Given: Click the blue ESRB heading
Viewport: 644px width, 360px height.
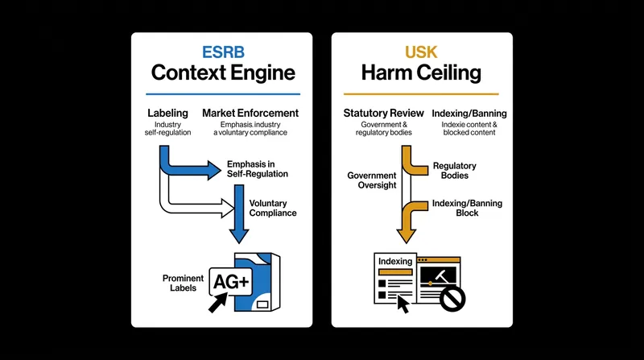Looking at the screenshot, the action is pyautogui.click(x=223, y=52).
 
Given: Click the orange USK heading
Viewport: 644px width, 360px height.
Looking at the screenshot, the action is pyautogui.click(x=421, y=52).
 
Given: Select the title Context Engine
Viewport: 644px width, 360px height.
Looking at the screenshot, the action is pyautogui.click(x=223, y=72).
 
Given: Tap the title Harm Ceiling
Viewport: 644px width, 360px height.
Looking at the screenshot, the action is pyautogui.click(x=421, y=72).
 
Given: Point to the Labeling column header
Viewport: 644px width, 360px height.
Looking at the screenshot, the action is pyautogui.click(x=167, y=113).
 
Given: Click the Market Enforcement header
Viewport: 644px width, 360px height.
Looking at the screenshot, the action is pyautogui.click(x=250, y=113).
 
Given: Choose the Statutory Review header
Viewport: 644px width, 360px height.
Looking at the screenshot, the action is pyautogui.click(x=384, y=113).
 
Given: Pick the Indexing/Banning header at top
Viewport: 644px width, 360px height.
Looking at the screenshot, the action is pyautogui.click(x=469, y=114).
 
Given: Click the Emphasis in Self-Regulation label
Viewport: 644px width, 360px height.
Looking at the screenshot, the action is pyautogui.click(x=258, y=169).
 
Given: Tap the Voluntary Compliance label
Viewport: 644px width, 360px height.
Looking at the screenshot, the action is pyautogui.click(x=273, y=208).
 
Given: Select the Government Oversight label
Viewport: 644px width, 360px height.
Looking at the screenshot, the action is pyautogui.click(x=372, y=180).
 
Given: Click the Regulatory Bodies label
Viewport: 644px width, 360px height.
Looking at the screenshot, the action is pyautogui.click(x=455, y=171).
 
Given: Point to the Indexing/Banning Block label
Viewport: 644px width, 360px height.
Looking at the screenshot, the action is pyautogui.click(x=467, y=208).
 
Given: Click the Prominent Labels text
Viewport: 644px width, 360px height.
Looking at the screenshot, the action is pyautogui.click(x=183, y=283).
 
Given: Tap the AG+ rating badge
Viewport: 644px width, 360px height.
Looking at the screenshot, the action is pyautogui.click(x=231, y=282).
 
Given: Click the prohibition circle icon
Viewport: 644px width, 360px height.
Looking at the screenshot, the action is pyautogui.click(x=452, y=299).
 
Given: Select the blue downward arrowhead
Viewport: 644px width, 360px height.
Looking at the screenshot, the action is pyautogui.click(x=239, y=236).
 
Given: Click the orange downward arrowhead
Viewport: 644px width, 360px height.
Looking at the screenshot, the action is pyautogui.click(x=407, y=236).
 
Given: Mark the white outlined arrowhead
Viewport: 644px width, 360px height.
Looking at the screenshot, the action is pyautogui.click(x=228, y=208).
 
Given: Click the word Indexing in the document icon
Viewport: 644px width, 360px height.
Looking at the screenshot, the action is pyautogui.click(x=395, y=262).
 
